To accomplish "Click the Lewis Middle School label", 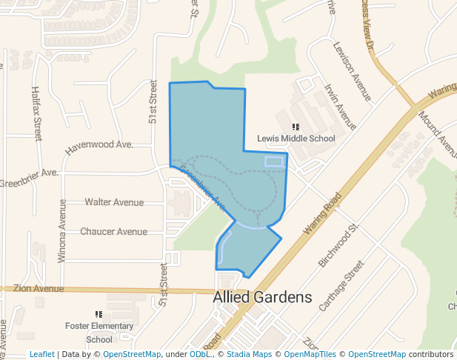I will [x=296, y=139].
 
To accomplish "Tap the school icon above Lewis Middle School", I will [x=296, y=127].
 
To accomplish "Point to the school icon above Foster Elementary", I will [x=99, y=315].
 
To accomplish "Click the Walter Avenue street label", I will [x=114, y=202].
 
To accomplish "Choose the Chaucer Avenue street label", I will [x=113, y=232].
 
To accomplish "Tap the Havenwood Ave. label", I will [x=99, y=146].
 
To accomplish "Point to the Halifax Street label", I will [x=37, y=113].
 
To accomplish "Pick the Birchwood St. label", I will [x=338, y=243].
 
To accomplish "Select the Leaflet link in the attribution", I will [x=41, y=355].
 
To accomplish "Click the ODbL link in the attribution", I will [x=200, y=355].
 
